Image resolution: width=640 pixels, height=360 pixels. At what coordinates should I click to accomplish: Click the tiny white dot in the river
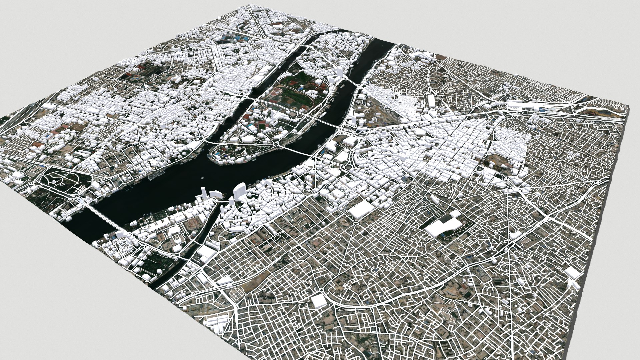(203, 178)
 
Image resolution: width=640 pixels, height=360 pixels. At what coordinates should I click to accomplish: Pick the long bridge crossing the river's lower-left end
(100, 213)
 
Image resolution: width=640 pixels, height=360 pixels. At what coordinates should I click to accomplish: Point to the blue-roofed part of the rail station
(547, 108)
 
